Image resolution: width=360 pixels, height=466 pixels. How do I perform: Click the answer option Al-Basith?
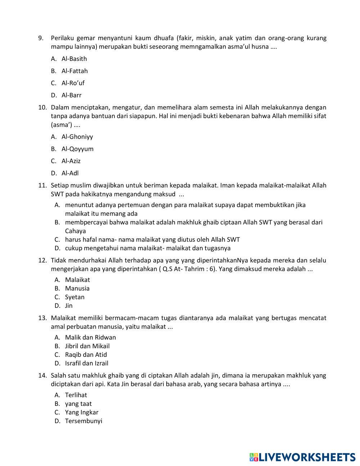74,59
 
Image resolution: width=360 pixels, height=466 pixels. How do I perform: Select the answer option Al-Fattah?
75,71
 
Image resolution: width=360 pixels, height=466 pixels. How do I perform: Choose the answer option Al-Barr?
71,95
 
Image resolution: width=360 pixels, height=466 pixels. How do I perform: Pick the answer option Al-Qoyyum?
77,149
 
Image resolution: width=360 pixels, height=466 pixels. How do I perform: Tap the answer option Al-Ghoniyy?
77,136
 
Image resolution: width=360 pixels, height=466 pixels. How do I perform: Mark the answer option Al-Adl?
70,173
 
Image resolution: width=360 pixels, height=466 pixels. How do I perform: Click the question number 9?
41,38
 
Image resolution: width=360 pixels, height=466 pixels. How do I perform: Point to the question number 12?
42,260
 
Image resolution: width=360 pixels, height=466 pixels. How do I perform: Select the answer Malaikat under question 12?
77,280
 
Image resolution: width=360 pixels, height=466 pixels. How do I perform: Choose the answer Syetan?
75,297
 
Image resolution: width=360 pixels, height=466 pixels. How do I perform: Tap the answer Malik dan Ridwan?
90,337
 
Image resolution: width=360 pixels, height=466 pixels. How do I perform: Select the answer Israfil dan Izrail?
86,363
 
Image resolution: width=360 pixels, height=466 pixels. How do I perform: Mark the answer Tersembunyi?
84,421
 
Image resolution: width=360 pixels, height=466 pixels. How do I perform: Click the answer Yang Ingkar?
81,412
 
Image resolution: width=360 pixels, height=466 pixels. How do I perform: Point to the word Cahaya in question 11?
75,231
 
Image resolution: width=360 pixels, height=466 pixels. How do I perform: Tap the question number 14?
42,376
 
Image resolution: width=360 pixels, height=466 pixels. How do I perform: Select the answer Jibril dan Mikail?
87,346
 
